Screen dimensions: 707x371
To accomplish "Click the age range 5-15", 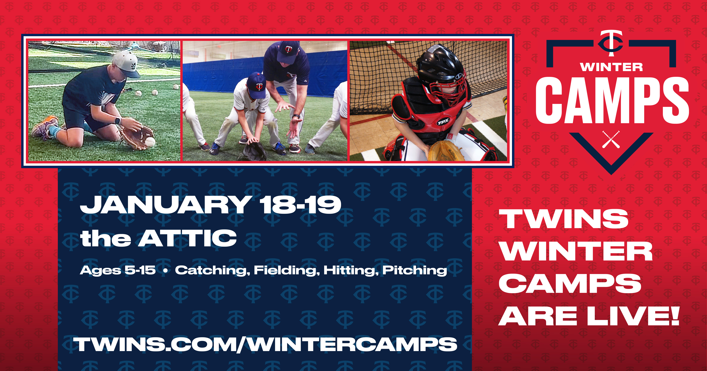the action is pyautogui.click(x=140, y=270).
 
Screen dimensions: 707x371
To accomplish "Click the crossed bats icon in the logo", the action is pyautogui.click(x=611, y=139).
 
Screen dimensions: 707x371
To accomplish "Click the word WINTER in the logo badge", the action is pyautogui.click(x=611, y=67).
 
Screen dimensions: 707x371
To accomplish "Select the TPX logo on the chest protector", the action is pyautogui.click(x=443, y=121).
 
